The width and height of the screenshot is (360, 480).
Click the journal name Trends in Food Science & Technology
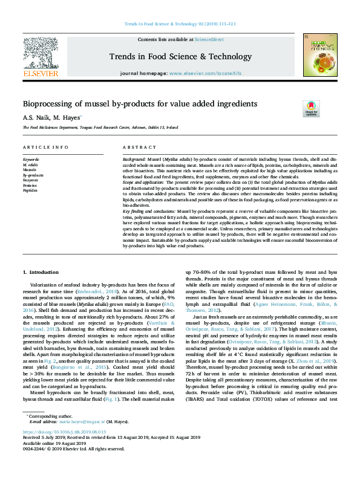pos(180,56)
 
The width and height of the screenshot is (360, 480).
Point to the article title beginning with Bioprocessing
pos(140,103)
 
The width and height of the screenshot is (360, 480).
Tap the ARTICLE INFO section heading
pos(45,148)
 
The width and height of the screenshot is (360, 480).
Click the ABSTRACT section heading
pos(140,148)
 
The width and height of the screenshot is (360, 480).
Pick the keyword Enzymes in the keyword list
pos(30,180)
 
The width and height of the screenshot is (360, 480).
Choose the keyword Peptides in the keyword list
pos(30,190)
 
